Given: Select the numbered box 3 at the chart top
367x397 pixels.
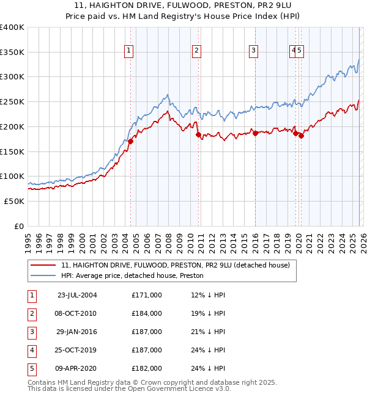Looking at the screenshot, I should (253, 51).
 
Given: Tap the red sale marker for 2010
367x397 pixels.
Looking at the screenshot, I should (198, 134).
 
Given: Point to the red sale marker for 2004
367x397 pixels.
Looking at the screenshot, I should (130, 141).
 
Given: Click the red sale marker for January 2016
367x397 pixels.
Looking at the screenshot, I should (255, 133).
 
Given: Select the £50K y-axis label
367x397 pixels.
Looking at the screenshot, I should (14, 201).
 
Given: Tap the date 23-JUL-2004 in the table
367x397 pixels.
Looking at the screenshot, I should (76, 295).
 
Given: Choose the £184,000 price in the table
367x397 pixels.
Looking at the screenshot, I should (146, 313).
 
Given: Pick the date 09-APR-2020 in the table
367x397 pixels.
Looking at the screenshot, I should (76, 368).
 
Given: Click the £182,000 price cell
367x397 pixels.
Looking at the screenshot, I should (146, 368).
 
